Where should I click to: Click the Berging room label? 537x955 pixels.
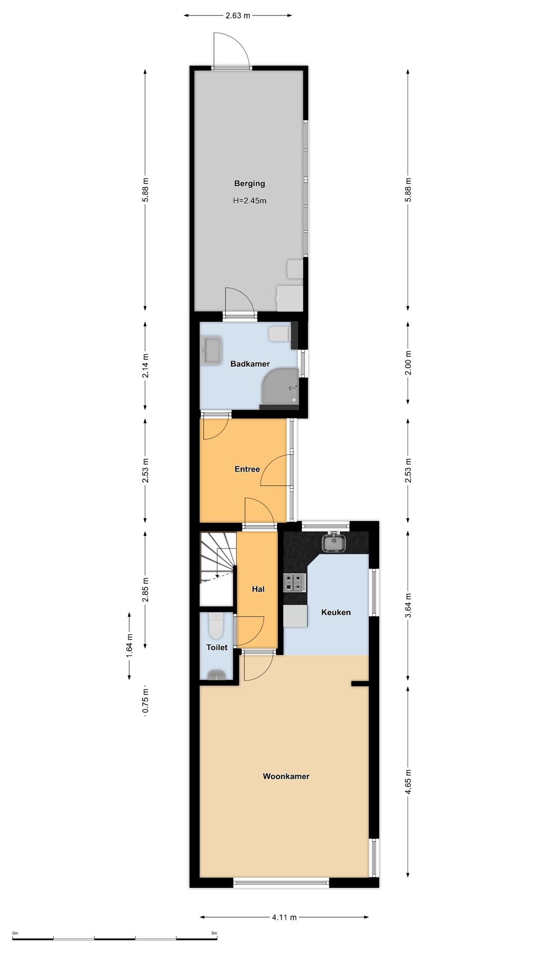click(250, 184)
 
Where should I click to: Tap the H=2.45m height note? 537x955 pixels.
click(250, 201)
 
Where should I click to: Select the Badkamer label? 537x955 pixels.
click(250, 364)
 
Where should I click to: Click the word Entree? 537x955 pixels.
click(247, 469)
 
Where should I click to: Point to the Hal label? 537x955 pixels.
click(258, 589)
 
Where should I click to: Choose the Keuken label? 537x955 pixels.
click(336, 612)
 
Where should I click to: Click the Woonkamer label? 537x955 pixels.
click(286, 776)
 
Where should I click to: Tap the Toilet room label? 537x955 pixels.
click(217, 647)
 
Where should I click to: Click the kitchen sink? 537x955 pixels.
click(334, 542)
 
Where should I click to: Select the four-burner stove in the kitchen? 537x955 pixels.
click(294, 582)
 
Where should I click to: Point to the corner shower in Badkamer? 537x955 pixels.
click(280, 386)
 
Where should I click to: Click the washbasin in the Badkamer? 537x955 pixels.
click(212, 351)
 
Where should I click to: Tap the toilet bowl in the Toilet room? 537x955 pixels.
click(216, 626)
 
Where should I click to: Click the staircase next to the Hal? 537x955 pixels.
click(217, 557)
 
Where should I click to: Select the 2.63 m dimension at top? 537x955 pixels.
click(238, 15)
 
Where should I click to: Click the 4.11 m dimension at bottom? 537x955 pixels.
click(284, 917)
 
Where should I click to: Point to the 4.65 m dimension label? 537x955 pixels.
click(408, 782)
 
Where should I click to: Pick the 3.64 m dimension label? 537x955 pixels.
click(408, 605)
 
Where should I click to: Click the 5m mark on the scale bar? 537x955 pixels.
click(214, 933)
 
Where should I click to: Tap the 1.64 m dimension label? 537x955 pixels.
click(129, 646)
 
